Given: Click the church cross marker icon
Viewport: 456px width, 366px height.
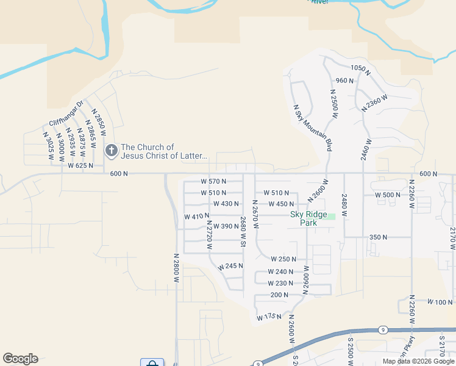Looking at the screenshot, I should click(x=111, y=151).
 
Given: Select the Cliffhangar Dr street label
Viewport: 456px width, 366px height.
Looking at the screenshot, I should click(x=66, y=113).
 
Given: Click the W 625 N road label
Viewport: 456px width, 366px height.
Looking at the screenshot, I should click(x=80, y=165).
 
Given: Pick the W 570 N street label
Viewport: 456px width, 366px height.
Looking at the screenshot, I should click(x=213, y=181).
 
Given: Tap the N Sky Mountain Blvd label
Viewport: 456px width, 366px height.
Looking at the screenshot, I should click(x=313, y=128).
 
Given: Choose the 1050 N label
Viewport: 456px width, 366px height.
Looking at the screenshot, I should click(x=361, y=70).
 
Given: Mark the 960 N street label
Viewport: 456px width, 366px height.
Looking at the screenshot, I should click(x=345, y=81).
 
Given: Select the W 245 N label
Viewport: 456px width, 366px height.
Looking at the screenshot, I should click(x=230, y=266).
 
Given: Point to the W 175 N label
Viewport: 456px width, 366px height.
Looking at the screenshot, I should click(x=269, y=317).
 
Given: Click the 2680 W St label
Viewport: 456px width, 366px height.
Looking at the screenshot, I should click(x=243, y=232).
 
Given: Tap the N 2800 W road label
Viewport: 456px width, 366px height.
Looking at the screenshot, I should click(x=176, y=268).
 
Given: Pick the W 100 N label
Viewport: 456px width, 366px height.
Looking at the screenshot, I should click(x=440, y=302).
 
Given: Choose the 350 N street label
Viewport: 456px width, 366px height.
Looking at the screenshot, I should click(x=379, y=237).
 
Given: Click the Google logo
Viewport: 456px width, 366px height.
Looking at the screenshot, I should click(x=20, y=359).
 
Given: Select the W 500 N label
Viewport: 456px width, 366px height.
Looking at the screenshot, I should click(x=388, y=195).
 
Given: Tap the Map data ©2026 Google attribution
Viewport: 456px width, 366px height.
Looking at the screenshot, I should click(x=418, y=361).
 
